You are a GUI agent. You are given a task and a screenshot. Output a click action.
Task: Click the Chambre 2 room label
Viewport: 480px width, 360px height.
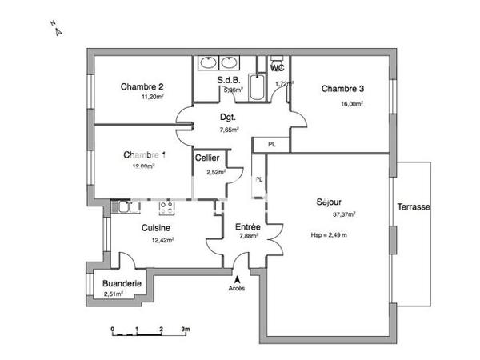[142, 87]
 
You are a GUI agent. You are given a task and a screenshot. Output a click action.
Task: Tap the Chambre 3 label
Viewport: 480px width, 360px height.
[343, 88]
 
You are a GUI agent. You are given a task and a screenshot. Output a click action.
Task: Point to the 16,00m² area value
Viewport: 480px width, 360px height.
[351, 103]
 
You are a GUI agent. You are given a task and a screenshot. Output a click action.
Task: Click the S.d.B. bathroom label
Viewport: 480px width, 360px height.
[230, 80]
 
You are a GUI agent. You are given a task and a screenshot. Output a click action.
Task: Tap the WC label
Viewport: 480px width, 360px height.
[278, 69]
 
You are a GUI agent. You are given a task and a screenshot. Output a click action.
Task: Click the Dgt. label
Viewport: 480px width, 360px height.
[230, 117]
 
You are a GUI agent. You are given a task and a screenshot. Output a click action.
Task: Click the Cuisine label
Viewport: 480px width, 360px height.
[155, 228]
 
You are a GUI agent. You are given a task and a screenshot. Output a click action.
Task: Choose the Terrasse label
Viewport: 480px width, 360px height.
[413, 207]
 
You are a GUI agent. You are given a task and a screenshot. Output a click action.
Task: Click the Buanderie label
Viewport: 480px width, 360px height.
[122, 284]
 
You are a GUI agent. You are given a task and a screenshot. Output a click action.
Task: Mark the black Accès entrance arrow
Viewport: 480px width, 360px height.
[236, 278]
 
